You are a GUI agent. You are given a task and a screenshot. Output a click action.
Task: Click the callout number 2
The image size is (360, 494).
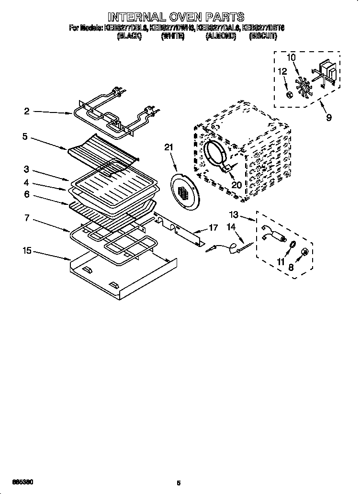(x=27, y=112)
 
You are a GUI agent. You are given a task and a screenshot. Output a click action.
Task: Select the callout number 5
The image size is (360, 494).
(x=24, y=136)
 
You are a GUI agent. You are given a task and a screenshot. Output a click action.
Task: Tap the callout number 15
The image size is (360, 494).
(x=27, y=250)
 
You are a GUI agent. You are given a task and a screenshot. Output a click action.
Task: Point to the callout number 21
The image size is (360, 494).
(x=168, y=148)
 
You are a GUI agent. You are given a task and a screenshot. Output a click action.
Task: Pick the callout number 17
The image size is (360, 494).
(x=214, y=228)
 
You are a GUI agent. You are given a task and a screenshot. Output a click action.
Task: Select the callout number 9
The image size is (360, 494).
(x=328, y=117)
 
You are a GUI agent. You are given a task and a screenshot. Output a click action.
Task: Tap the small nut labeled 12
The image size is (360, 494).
(x=289, y=94)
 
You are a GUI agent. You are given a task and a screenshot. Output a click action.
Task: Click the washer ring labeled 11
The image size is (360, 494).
(x=290, y=245)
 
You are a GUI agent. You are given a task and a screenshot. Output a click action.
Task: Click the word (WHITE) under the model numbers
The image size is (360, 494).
(x=173, y=35)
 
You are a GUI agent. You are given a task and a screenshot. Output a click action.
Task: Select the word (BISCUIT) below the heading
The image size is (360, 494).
(x=262, y=35)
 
